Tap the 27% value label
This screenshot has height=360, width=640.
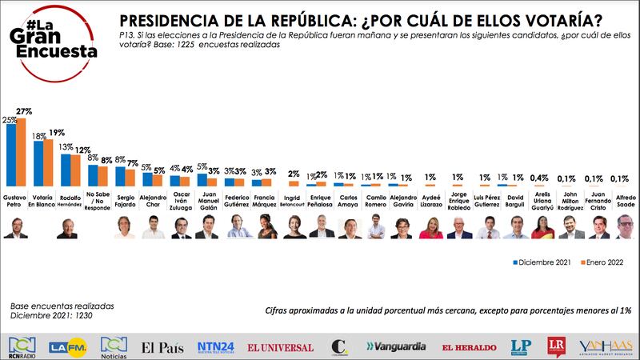[x=24, y=112]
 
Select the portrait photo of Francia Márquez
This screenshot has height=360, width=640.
[x=264, y=229]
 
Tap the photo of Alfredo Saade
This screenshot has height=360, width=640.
[x=624, y=229]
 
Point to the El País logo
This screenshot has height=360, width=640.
[x=163, y=346]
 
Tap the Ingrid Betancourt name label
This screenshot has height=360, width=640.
[x=293, y=200]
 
